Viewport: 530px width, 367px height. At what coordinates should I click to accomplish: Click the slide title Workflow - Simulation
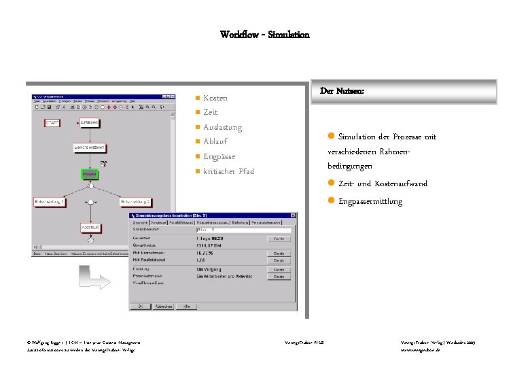(264, 34)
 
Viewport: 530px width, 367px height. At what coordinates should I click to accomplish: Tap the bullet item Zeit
(210, 113)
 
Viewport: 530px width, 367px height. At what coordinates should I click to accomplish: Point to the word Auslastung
(222, 127)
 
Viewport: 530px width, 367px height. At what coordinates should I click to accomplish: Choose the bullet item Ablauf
(215, 141)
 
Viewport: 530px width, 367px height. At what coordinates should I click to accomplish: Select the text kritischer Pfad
(228, 171)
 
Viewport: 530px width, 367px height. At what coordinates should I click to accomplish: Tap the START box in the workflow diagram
(52, 123)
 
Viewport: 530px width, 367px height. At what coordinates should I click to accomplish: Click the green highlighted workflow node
(90, 174)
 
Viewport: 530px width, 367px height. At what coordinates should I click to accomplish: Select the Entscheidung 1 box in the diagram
(50, 202)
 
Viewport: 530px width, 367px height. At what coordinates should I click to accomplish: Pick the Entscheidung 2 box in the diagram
(135, 202)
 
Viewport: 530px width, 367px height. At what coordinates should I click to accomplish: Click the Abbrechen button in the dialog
(162, 306)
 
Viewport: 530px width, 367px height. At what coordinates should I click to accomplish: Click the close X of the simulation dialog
(294, 215)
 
